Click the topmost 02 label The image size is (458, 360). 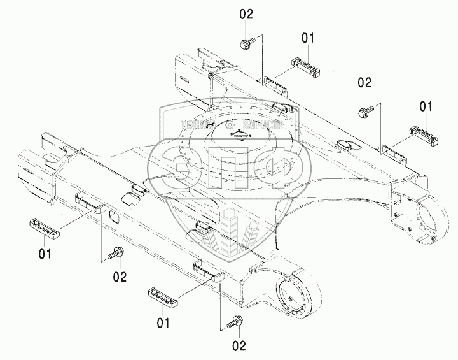(x=247, y=13)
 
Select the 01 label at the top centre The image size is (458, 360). (x=308, y=39)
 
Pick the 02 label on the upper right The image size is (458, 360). (x=364, y=82)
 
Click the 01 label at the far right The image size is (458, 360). (x=426, y=105)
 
